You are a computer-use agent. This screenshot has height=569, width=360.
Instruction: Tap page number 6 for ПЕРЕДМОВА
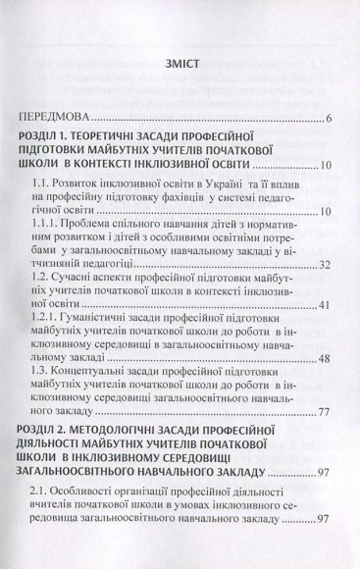(329, 119)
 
